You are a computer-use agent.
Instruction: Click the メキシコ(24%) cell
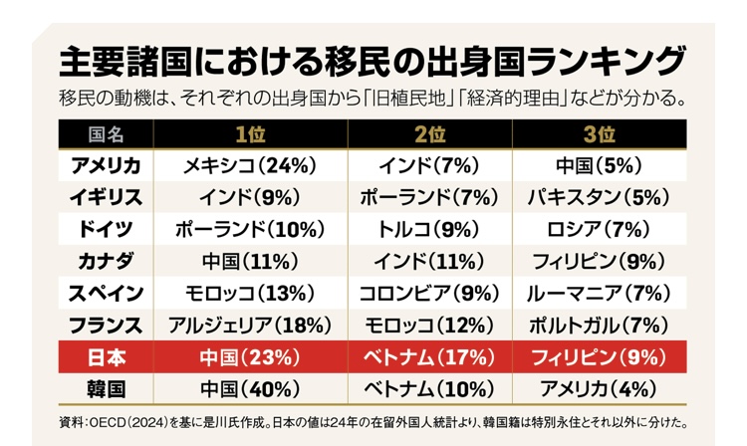click(x=250, y=166)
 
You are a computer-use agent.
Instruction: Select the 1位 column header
click(x=250, y=134)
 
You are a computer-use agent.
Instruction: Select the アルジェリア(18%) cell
click(x=250, y=325)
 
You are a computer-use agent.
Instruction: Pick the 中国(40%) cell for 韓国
click(x=250, y=388)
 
